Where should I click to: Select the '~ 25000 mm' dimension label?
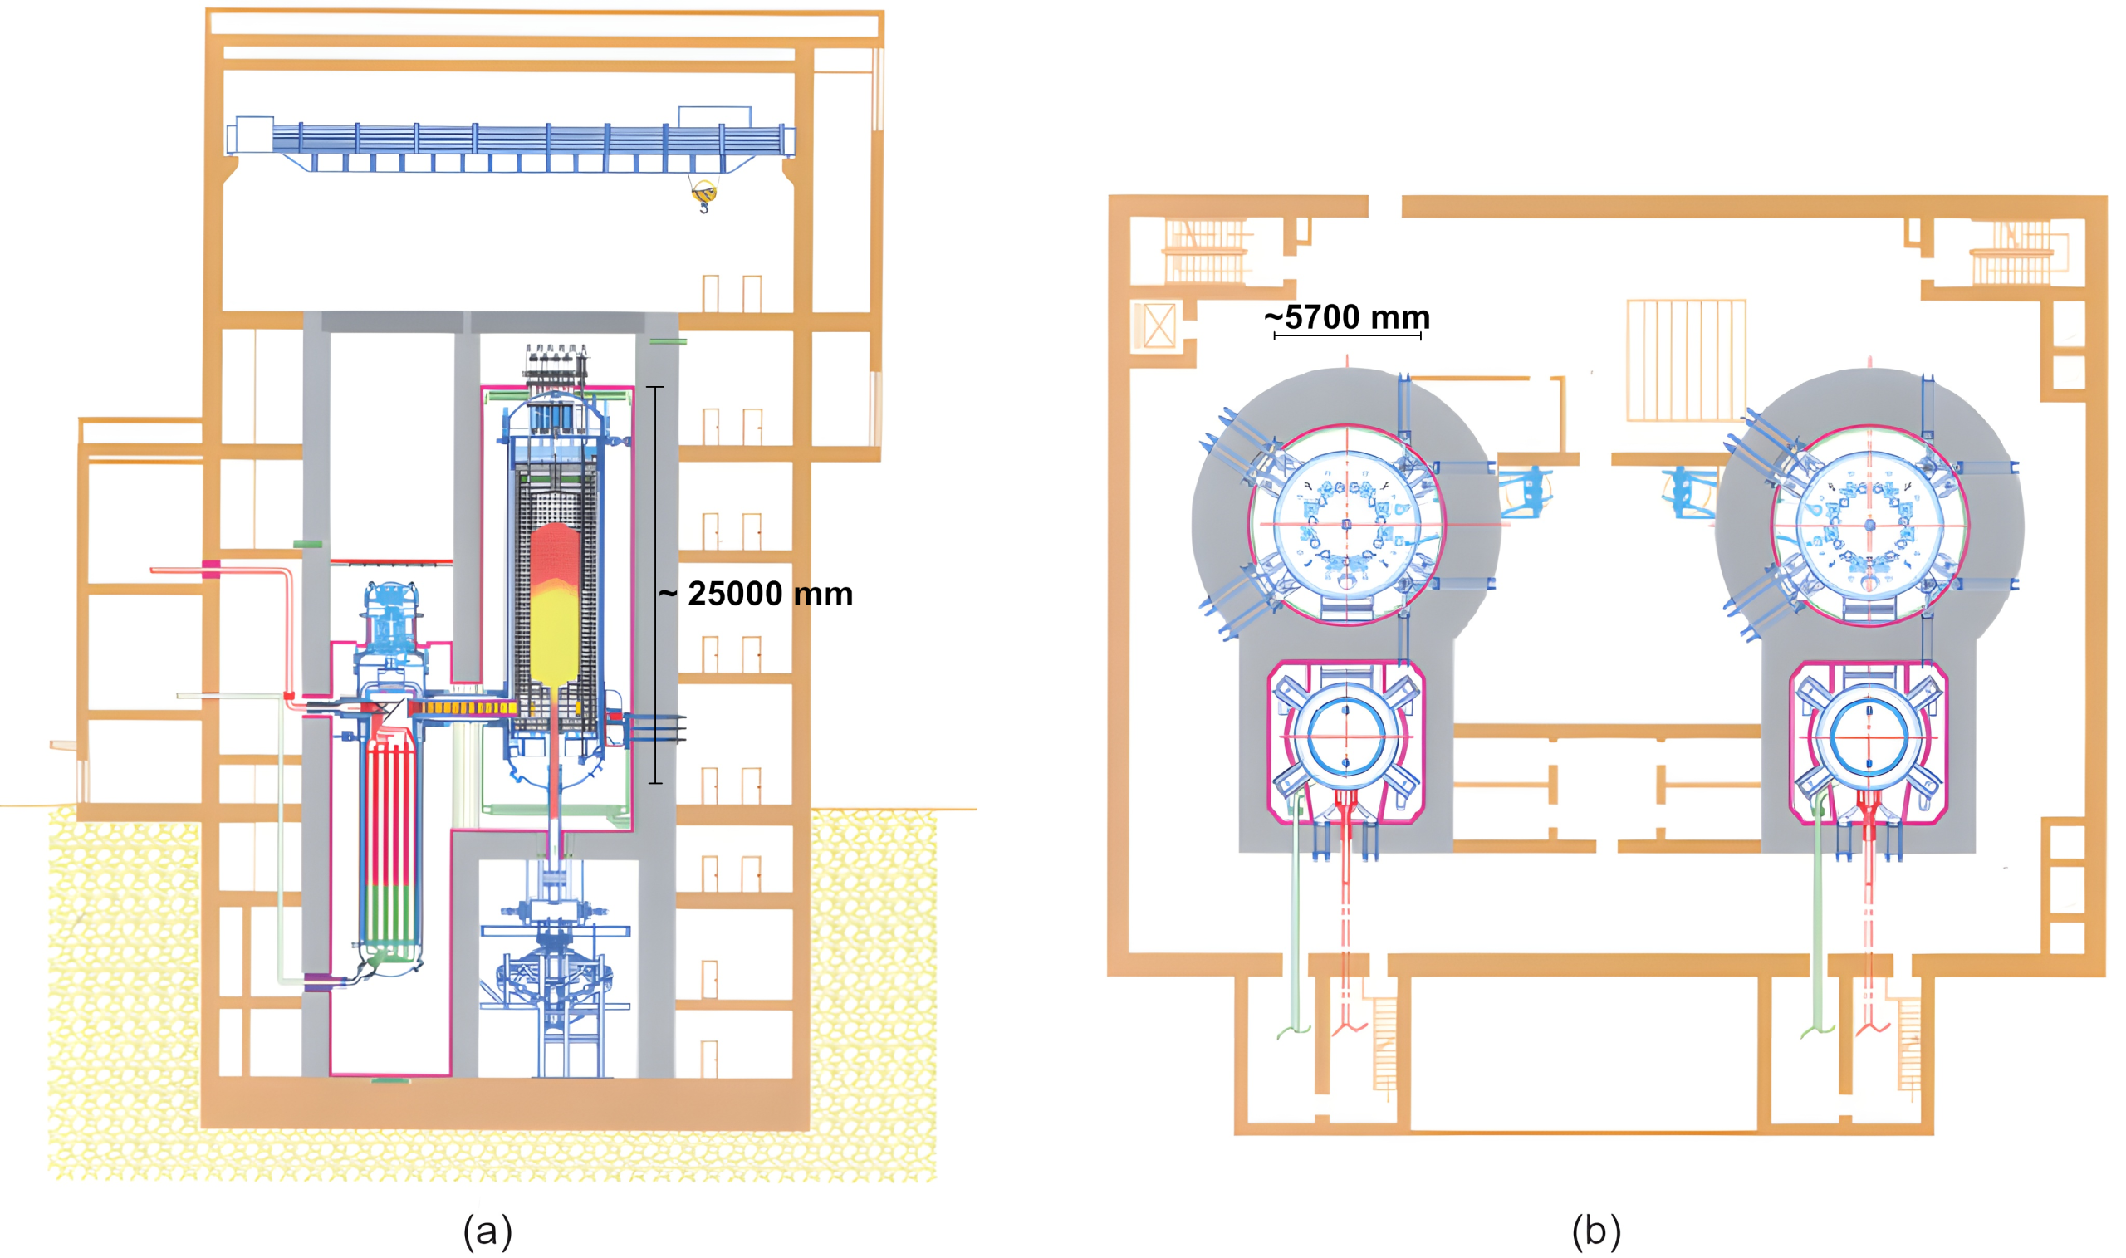tap(756, 594)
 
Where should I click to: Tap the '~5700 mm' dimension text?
tap(1347, 317)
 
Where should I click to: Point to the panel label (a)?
tap(487, 1230)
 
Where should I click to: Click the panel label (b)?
tap(1596, 1230)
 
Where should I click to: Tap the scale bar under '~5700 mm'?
tap(1347, 336)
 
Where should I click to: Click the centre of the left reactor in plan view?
tap(1347, 525)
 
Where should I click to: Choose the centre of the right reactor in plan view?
tap(1870, 525)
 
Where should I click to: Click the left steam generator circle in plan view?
tap(1346, 737)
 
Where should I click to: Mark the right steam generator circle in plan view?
tap(1869, 737)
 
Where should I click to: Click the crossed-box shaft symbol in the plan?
tap(1158, 326)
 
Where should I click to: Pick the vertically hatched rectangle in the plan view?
tap(1686, 360)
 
